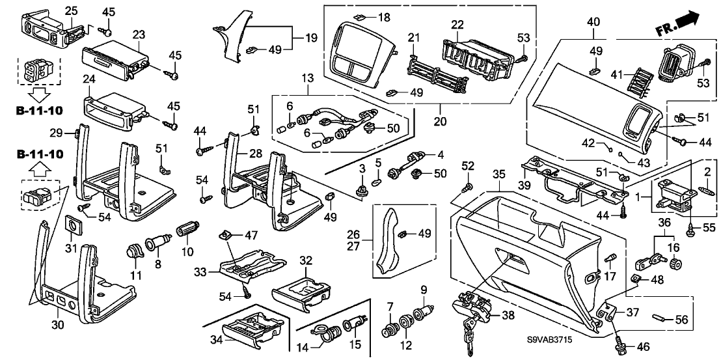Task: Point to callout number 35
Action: [x=498, y=174]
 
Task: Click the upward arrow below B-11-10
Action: [x=40, y=171]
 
